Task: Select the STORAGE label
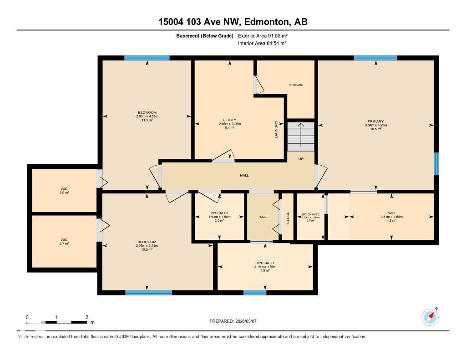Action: click(x=296, y=85)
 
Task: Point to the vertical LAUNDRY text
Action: click(x=276, y=129)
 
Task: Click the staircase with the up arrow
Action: click(x=300, y=136)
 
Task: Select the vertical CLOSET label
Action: click(x=288, y=217)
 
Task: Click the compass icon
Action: click(x=430, y=317)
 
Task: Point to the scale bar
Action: click(x=56, y=322)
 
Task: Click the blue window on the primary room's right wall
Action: click(x=436, y=163)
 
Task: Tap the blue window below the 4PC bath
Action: click(x=255, y=293)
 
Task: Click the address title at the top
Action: click(x=233, y=21)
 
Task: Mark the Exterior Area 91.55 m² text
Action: click(x=263, y=35)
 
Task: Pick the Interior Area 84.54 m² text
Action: click(x=262, y=43)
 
